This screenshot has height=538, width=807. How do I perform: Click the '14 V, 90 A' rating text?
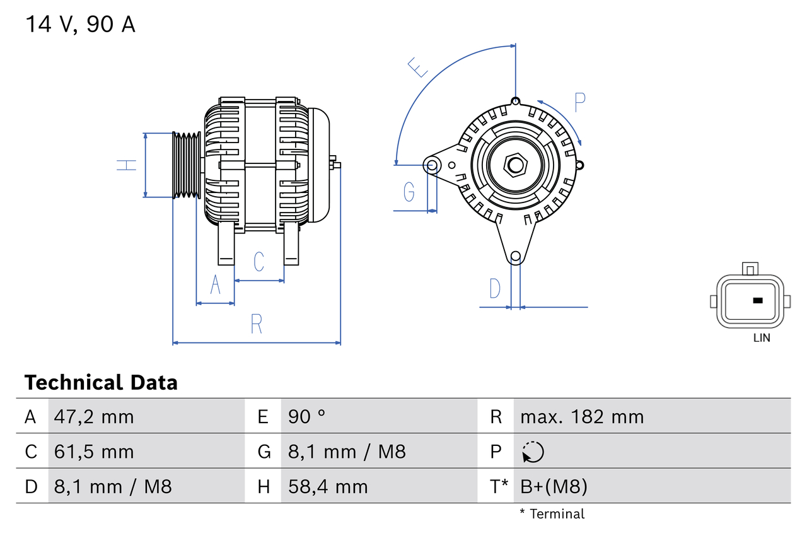tap(80, 25)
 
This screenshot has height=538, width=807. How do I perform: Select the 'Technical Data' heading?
tap(101, 382)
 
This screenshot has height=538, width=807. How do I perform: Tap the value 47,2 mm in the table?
tap(93, 416)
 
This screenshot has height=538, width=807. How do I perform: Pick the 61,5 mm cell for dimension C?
tap(93, 452)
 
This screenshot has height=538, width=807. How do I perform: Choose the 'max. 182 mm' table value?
tap(581, 416)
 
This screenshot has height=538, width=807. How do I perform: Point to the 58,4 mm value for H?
tap(327, 486)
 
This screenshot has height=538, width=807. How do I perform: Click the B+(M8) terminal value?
tap(553, 486)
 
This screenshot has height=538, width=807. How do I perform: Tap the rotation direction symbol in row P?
tap(533, 452)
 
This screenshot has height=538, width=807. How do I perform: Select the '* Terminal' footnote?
tap(552, 513)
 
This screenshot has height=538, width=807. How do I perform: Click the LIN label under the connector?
tap(762, 337)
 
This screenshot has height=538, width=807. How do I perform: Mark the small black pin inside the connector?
tap(758, 300)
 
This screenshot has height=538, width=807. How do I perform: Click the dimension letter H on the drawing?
tap(127, 165)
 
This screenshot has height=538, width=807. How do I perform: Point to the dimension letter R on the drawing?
tap(256, 324)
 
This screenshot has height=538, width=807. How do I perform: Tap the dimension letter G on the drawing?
tap(409, 191)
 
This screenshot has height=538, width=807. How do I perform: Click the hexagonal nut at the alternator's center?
tap(516, 165)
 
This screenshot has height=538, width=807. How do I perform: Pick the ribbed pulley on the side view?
tap(187, 165)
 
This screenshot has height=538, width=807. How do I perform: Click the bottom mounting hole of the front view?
tap(516, 256)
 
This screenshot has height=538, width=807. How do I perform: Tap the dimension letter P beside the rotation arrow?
tap(580, 102)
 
